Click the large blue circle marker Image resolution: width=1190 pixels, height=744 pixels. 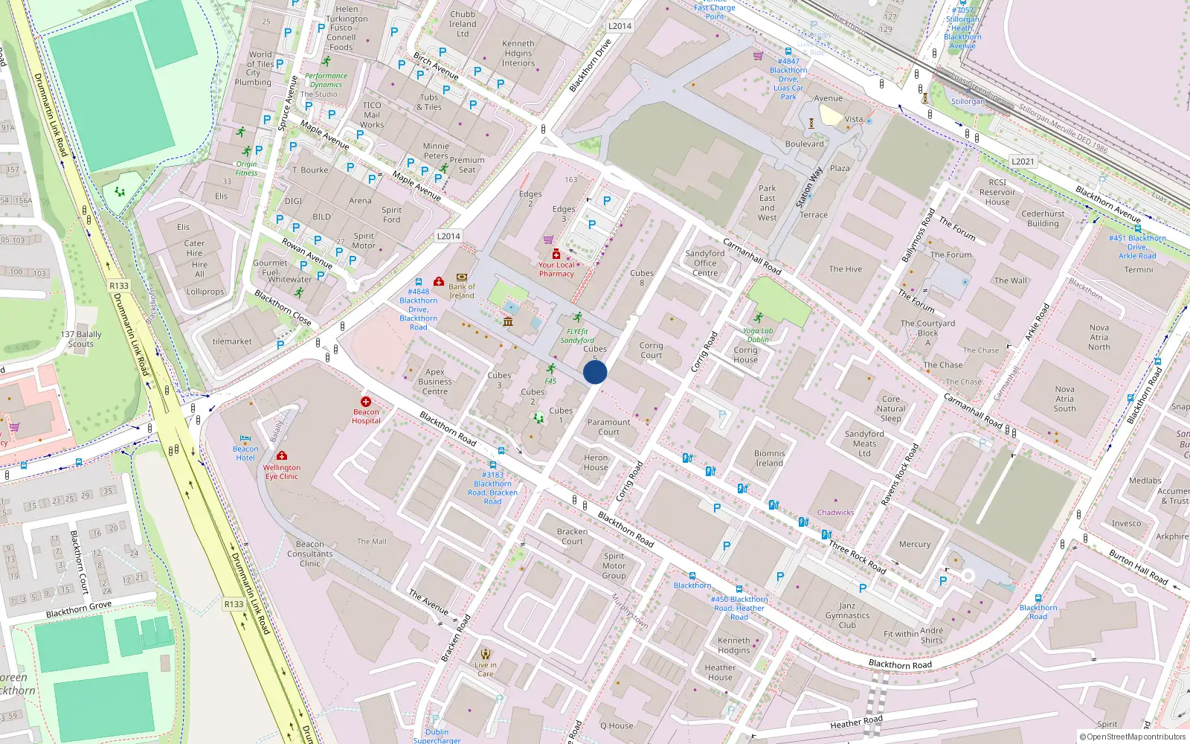(x=595, y=372)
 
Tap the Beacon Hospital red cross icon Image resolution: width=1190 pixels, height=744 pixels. (x=366, y=402)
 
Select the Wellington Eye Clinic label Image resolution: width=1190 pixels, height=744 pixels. (x=282, y=472)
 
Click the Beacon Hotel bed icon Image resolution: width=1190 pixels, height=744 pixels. (x=245, y=439)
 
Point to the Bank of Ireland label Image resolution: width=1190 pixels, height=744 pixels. (x=461, y=291)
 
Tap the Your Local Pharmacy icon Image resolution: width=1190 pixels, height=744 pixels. (x=556, y=254)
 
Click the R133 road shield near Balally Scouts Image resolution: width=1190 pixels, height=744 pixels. (x=119, y=286)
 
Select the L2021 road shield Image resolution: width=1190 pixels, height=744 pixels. (x=1023, y=161)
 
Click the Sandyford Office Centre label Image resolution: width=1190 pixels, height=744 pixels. (x=705, y=263)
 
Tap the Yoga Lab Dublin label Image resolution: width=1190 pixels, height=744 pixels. (x=758, y=336)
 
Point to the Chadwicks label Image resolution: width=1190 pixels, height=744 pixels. (x=835, y=513)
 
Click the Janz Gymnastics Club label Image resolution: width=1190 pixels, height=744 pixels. (x=847, y=615)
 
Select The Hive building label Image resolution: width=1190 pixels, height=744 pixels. (x=846, y=269)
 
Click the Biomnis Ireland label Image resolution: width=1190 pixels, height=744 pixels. (x=769, y=458)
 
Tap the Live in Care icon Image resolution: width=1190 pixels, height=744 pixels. (x=486, y=654)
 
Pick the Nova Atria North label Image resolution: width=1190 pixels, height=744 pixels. (x=1099, y=337)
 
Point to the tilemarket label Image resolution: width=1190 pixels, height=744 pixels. (x=232, y=341)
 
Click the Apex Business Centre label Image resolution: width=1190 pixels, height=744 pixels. (x=435, y=382)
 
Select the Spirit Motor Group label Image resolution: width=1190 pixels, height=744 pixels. (x=614, y=565)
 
